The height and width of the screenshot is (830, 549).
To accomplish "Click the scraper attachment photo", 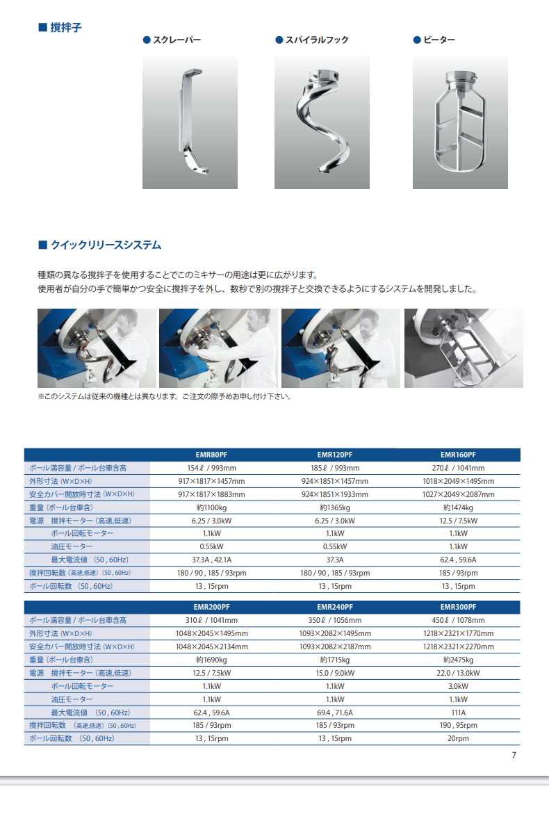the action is click(190, 121).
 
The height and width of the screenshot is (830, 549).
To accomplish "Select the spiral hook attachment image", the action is click(322, 121).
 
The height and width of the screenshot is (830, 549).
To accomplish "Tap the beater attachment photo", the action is click(460, 121).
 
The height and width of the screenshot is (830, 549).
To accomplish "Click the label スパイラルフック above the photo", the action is click(317, 40).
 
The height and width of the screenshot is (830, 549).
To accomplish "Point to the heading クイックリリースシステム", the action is click(106, 245).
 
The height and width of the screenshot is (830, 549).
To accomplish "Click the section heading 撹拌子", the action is click(65, 28).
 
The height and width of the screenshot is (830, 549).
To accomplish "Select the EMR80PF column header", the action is click(211, 455).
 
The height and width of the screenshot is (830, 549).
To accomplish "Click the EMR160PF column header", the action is click(458, 455).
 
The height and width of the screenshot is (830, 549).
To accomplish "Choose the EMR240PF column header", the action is click(334, 607).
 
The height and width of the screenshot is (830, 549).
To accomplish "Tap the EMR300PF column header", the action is click(458, 607).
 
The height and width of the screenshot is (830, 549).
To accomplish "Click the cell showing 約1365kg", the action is click(334, 507).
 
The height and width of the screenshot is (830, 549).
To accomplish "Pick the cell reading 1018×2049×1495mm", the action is click(458, 481).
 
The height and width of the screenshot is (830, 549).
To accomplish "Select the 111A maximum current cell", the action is click(458, 713).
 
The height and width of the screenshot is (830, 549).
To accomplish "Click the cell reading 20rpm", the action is click(458, 738).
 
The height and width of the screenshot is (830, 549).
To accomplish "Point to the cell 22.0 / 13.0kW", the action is click(458, 674).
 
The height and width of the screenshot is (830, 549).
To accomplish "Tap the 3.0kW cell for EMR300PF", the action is click(458, 686).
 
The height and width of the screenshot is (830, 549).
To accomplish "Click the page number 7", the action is click(514, 756).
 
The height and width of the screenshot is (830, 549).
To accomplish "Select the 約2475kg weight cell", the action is click(458, 660).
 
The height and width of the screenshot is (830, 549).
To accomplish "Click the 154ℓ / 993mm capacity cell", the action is click(211, 468).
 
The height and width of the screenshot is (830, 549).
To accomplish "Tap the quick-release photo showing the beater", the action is click(464, 348).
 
